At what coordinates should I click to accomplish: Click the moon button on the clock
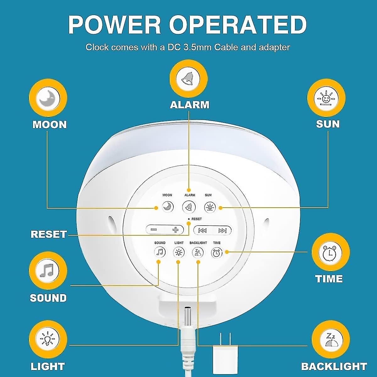168,207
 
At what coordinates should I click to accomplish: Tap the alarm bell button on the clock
189,207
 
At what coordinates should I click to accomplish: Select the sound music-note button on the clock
160,252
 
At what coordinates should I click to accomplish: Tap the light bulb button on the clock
179,252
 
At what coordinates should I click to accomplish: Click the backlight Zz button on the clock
198,252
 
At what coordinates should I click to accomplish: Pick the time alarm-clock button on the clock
217,253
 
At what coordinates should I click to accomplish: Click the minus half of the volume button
155,230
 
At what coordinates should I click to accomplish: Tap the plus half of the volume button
175,230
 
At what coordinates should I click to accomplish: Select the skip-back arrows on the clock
203,231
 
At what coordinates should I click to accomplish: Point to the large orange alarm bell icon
188,78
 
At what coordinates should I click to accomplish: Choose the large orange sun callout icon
326,97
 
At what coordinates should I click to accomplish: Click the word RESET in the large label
49,234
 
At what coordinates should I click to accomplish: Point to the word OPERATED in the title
238,25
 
